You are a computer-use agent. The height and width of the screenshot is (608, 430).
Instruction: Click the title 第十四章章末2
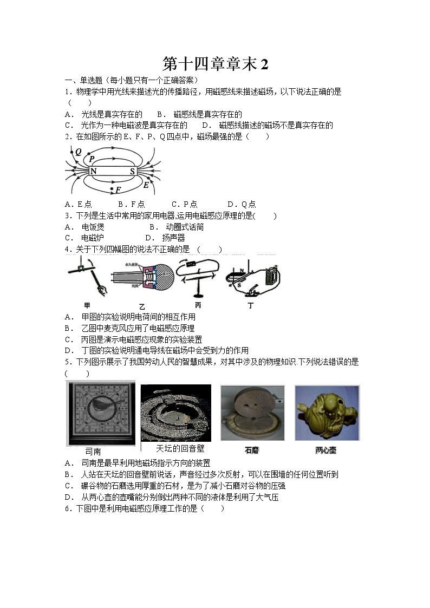tap(215, 64)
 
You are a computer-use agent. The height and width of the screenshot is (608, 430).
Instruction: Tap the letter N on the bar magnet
tap(94, 172)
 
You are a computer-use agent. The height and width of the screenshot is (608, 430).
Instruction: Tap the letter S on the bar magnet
tap(132, 172)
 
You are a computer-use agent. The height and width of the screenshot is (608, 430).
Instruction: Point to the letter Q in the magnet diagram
tap(79, 153)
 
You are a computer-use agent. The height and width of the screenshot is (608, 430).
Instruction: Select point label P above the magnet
tap(92, 159)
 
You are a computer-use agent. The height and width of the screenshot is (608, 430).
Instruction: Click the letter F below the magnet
tap(118, 190)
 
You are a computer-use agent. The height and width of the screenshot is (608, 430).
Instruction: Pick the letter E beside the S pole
tap(146, 185)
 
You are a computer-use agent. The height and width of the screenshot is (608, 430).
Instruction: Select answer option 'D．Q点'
tap(242, 204)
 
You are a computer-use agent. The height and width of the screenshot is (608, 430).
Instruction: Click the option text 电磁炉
tap(92, 238)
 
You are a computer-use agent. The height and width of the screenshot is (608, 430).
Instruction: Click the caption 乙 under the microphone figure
tap(142, 306)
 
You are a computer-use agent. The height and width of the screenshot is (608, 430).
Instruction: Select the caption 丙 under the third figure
tap(198, 305)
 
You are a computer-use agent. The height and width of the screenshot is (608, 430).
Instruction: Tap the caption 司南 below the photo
tap(93, 451)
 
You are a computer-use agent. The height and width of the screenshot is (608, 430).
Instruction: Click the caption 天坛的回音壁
tap(180, 448)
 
